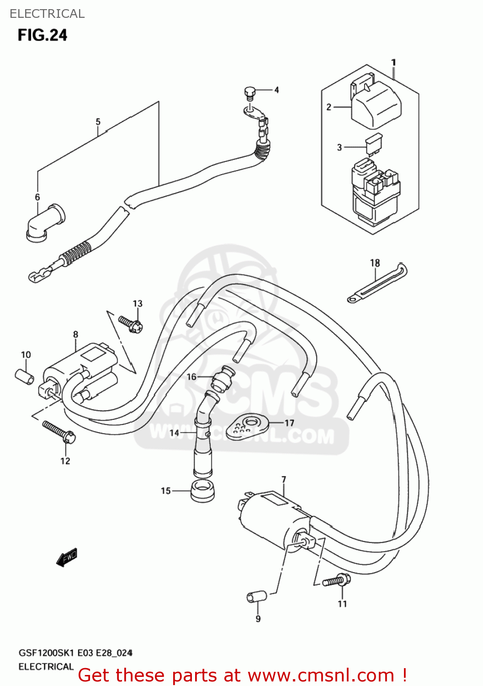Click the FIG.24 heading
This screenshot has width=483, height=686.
(x=42, y=35)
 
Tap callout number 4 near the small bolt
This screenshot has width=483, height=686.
(x=276, y=90)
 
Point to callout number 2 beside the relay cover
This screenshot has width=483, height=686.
(x=329, y=107)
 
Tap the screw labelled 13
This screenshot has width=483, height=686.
(x=131, y=323)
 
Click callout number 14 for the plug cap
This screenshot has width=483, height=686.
(x=174, y=433)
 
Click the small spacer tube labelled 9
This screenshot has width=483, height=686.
(x=256, y=597)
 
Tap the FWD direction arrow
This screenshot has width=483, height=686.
(x=67, y=557)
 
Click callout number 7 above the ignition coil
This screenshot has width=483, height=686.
(x=284, y=479)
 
